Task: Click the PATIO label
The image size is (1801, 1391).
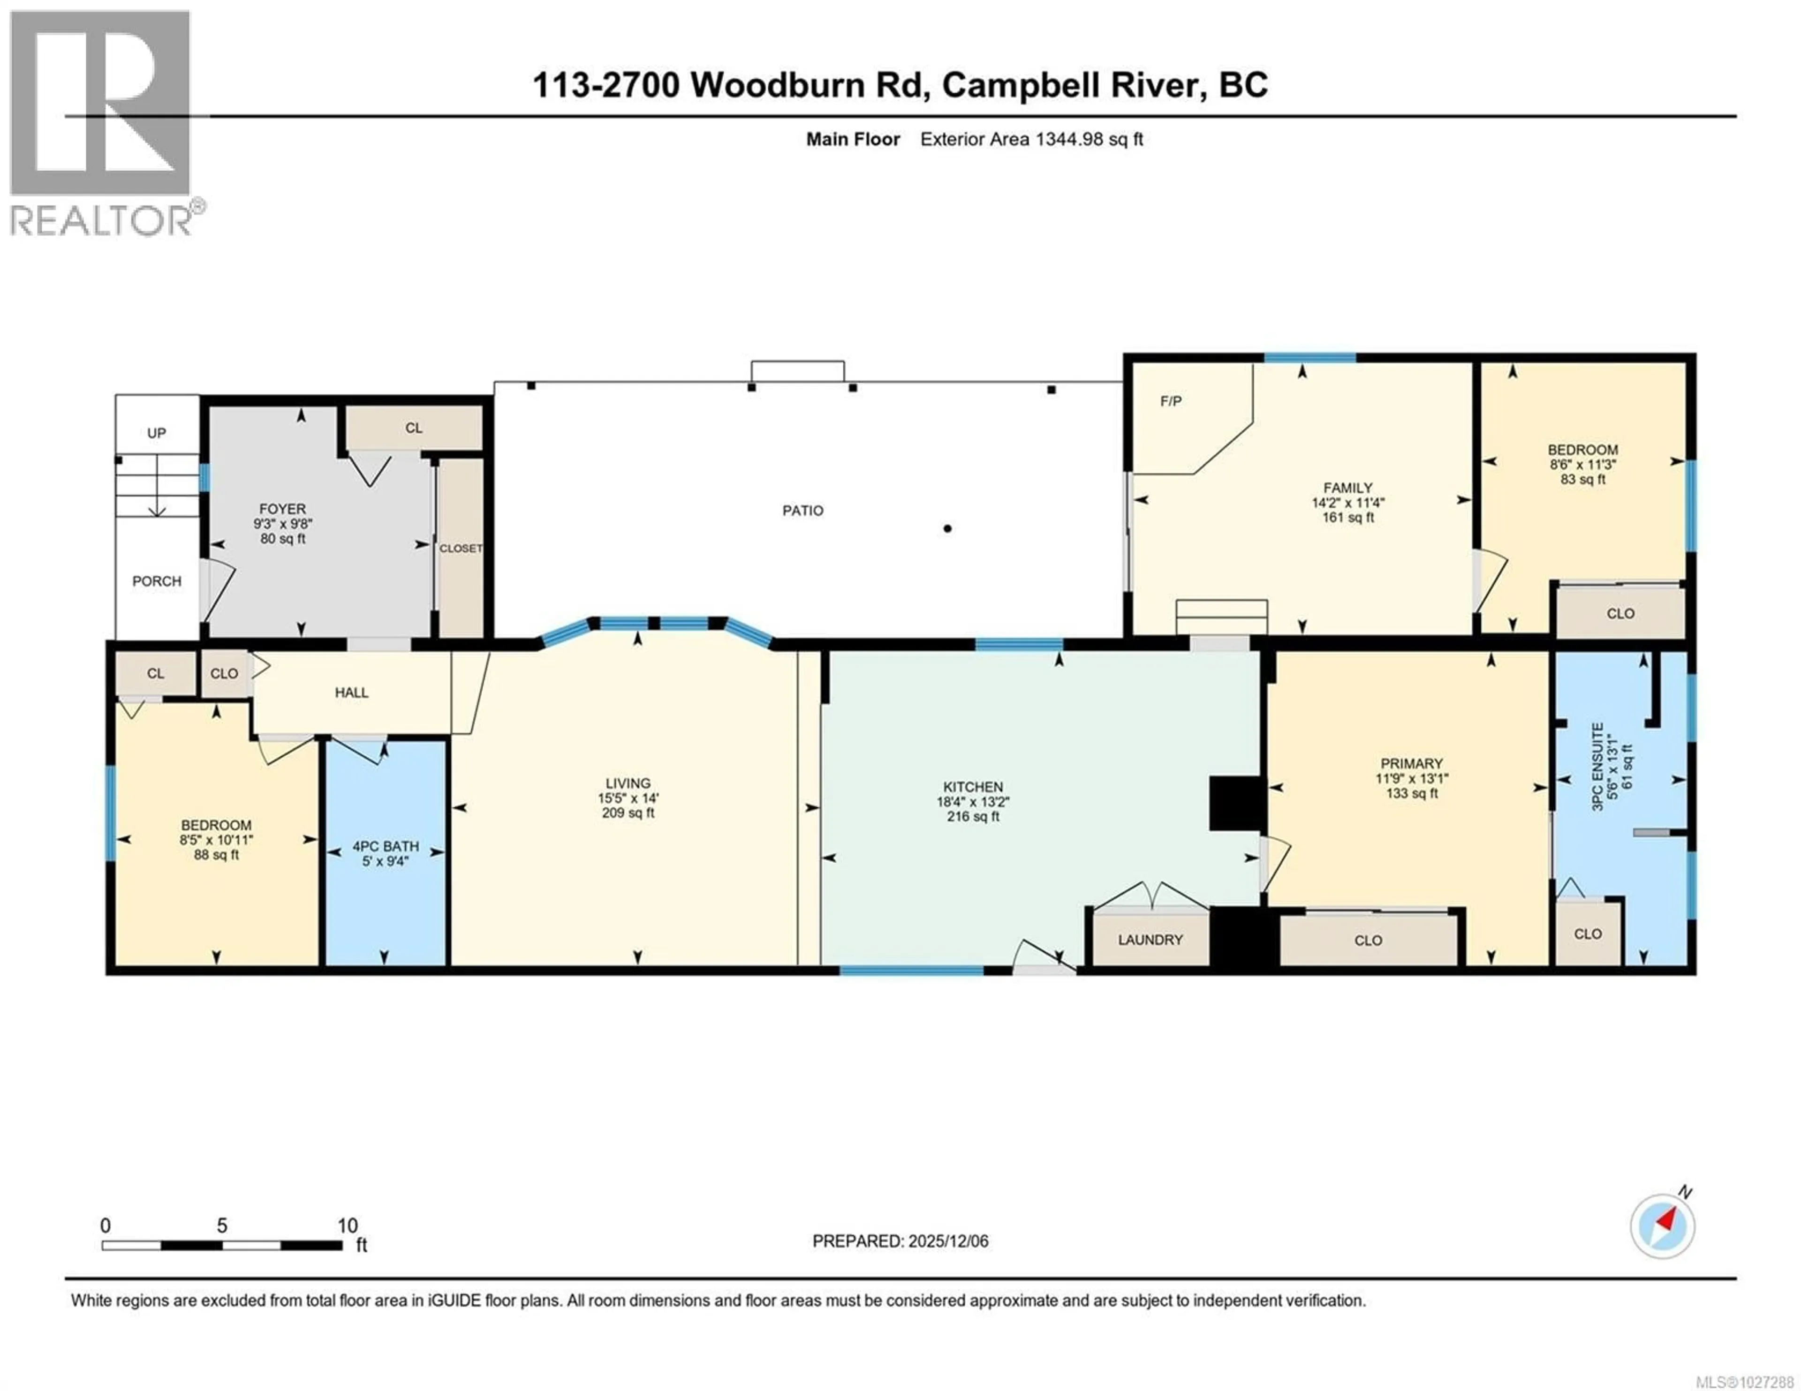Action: click(x=802, y=511)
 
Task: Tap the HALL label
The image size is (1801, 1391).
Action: click(x=351, y=692)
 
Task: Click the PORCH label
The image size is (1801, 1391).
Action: click(x=157, y=581)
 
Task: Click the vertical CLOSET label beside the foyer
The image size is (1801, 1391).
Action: click(x=460, y=549)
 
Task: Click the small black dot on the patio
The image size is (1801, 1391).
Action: click(x=947, y=528)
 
